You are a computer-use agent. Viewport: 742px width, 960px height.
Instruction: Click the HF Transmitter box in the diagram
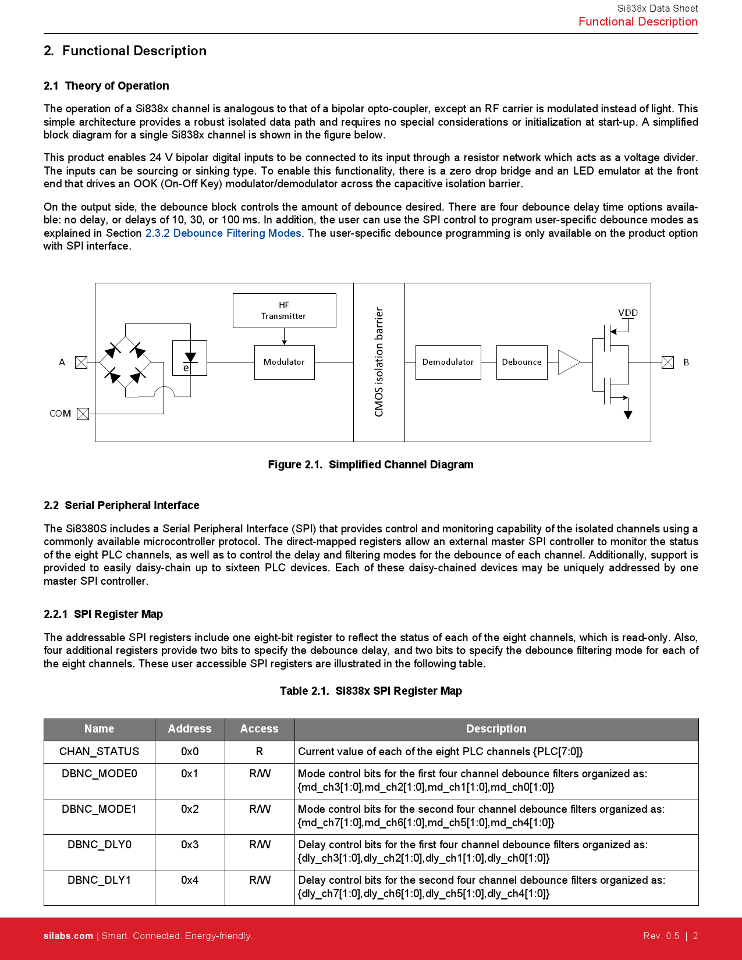284,311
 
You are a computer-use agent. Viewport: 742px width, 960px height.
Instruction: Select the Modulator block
284,362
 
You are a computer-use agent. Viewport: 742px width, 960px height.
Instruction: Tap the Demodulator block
448,362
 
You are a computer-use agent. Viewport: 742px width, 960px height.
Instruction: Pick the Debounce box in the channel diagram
521,362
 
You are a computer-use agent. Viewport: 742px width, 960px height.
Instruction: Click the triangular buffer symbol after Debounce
568,362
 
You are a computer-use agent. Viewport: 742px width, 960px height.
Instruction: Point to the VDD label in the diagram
628,313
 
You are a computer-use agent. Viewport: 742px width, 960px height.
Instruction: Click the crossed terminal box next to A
81,362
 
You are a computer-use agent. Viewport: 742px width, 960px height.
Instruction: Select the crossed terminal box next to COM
83,414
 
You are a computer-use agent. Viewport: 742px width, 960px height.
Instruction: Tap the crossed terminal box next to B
668,362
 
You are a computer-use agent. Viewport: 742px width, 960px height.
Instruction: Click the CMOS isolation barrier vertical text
379,362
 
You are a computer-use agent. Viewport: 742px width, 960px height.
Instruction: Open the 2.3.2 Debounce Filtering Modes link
223,233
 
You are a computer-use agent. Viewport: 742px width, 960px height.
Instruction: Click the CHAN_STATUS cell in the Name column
100,752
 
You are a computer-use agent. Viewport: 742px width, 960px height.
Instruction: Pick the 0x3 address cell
190,845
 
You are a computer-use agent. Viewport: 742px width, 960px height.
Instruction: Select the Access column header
260,729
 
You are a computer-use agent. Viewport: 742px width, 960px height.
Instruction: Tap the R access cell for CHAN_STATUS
260,752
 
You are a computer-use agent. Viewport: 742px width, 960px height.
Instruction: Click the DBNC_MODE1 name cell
100,809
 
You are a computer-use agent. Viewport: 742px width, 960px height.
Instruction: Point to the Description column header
496,729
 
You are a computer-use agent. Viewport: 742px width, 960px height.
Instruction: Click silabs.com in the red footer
68,936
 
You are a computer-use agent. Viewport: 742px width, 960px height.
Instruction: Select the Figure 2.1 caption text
371,465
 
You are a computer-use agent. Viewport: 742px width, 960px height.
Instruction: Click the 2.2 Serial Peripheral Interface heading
122,506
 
